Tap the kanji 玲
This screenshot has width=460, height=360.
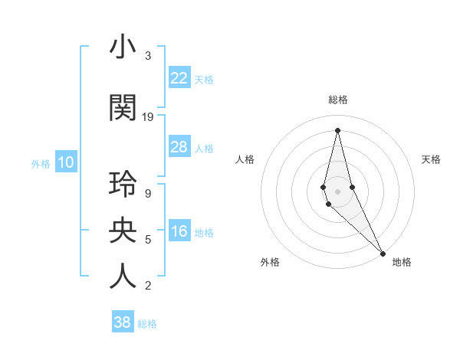pos(123,185)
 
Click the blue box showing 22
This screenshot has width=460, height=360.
pos(179,78)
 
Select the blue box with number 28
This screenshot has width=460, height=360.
pos(179,147)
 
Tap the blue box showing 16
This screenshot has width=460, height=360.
pos(179,232)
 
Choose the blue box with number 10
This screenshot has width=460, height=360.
pos(65,162)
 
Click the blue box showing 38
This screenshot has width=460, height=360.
pos(122,322)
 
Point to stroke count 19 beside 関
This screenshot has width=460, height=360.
pos(148,117)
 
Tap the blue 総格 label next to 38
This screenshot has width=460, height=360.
pos(147,324)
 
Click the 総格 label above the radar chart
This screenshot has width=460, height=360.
pos(338,100)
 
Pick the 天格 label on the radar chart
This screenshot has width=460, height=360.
pos(431,159)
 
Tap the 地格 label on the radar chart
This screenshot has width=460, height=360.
pos(402,262)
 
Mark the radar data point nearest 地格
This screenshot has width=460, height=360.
pos(382,252)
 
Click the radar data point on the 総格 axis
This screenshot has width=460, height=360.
pos(337,130)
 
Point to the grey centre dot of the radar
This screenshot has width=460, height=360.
pos(337,191)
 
